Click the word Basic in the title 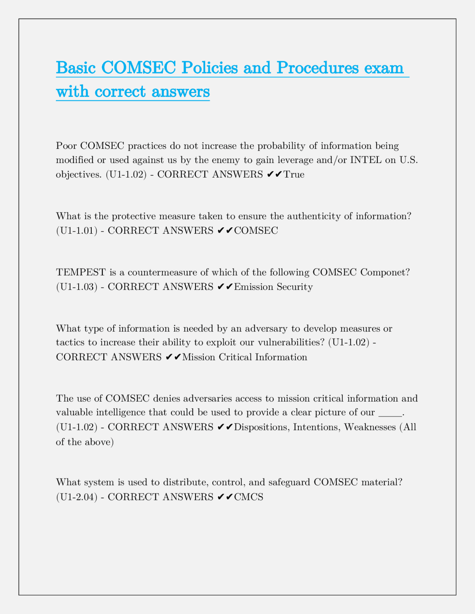pos(76,68)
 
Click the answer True pos(294,175)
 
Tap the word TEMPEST pos(81,273)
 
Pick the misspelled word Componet pos(385,273)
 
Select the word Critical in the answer pos(236,357)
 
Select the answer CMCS pos(249,497)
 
